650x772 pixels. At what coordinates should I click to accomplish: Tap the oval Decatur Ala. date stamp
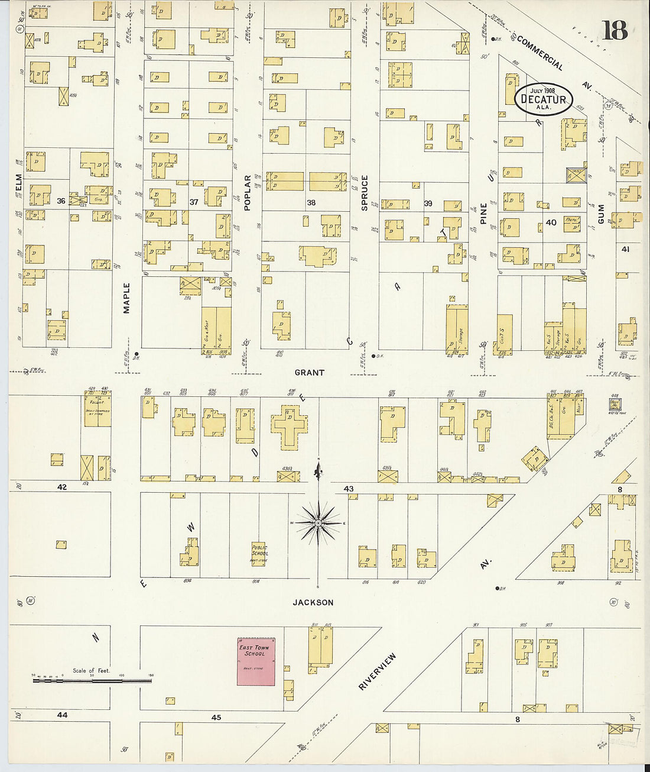pos(543,99)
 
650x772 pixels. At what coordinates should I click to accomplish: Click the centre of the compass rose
pos(318,523)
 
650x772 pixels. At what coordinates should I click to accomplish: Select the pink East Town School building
pos(256,661)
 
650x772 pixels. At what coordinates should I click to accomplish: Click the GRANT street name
pos(310,373)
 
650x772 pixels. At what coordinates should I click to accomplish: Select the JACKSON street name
pos(313,602)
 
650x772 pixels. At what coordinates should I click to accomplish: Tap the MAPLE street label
pos(126,298)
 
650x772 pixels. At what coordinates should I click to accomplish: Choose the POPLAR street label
pos(248,192)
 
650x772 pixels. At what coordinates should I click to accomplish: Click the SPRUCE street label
pos(365,192)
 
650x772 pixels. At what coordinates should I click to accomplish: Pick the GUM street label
pos(601,214)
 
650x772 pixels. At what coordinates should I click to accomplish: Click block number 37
pos(194,202)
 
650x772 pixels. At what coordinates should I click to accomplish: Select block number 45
pos(216,717)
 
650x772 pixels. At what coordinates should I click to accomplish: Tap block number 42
pos(62,487)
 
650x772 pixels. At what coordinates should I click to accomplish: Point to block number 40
pos(551,222)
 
